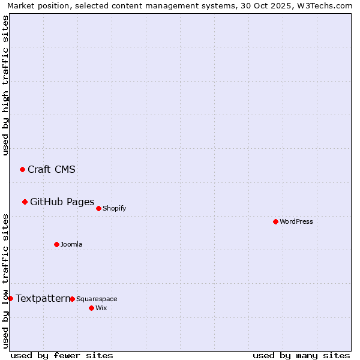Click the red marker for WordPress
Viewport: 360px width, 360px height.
point(275,221)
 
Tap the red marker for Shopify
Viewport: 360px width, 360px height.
point(98,208)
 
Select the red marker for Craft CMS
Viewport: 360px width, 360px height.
point(22,169)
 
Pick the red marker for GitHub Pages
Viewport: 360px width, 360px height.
point(25,202)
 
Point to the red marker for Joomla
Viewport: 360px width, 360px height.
point(56,244)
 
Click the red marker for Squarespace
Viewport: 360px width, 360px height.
point(72,299)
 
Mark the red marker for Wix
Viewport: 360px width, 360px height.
point(91,308)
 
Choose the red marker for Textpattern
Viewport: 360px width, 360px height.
point(10,298)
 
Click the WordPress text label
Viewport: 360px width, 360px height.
point(296,221)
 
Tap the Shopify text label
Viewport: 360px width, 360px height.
point(115,208)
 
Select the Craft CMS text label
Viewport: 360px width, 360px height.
point(52,169)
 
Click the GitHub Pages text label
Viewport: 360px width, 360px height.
point(62,202)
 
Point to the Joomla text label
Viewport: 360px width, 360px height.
point(71,244)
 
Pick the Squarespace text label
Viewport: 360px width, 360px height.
point(97,299)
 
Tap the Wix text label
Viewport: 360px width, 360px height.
point(101,308)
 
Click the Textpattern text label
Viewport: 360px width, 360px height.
point(43,298)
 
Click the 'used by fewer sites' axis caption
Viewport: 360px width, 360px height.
point(62,355)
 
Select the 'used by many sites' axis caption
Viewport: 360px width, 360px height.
point(301,355)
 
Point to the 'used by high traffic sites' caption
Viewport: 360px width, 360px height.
point(5,85)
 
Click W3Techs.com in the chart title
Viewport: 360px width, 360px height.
point(323,5)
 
